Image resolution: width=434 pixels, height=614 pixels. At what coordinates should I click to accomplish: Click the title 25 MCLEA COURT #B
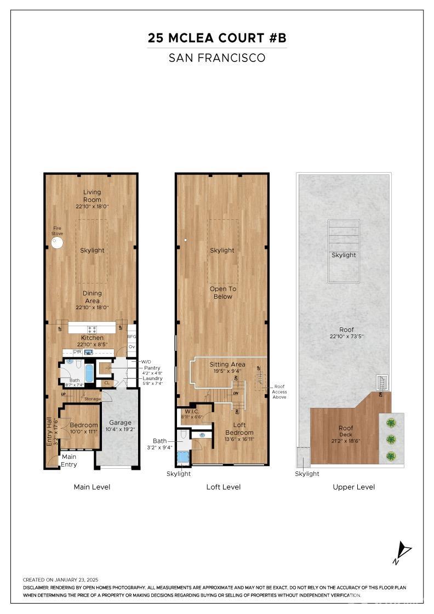pyautogui.click(x=217, y=38)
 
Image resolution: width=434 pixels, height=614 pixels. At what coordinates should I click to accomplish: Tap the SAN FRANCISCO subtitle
pyautogui.click(x=217, y=58)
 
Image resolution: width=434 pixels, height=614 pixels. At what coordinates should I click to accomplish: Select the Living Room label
pyautogui.click(x=92, y=196)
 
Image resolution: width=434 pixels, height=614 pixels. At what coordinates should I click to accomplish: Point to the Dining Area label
pyautogui.click(x=92, y=297)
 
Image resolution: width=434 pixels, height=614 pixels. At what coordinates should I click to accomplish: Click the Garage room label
pyautogui.click(x=120, y=423)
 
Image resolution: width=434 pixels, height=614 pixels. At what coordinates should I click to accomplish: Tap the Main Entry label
pyautogui.click(x=69, y=461)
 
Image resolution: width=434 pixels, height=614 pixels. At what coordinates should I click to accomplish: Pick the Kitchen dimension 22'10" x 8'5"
pyautogui.click(x=92, y=344)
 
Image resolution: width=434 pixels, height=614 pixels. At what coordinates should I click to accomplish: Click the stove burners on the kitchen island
pyautogui.click(x=92, y=329)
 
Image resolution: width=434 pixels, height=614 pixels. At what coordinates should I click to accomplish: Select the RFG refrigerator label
pyautogui.click(x=132, y=337)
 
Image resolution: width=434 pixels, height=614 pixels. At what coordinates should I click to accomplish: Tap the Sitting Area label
pyautogui.click(x=227, y=364)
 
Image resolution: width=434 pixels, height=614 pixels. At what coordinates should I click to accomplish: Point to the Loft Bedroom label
pyautogui.click(x=239, y=429)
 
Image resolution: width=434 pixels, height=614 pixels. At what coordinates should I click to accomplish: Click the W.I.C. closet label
pyautogui.click(x=191, y=411)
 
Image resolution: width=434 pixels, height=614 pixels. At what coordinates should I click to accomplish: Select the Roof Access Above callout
pyautogui.click(x=279, y=391)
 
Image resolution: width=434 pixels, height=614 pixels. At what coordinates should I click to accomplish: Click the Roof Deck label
pyautogui.click(x=346, y=431)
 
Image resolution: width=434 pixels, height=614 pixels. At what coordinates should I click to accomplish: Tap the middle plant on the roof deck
pyautogui.click(x=391, y=439)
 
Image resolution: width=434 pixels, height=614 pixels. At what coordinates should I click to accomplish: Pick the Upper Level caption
pyautogui.click(x=353, y=487)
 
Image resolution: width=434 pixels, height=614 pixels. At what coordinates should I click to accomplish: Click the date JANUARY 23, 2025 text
pyautogui.click(x=76, y=579)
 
